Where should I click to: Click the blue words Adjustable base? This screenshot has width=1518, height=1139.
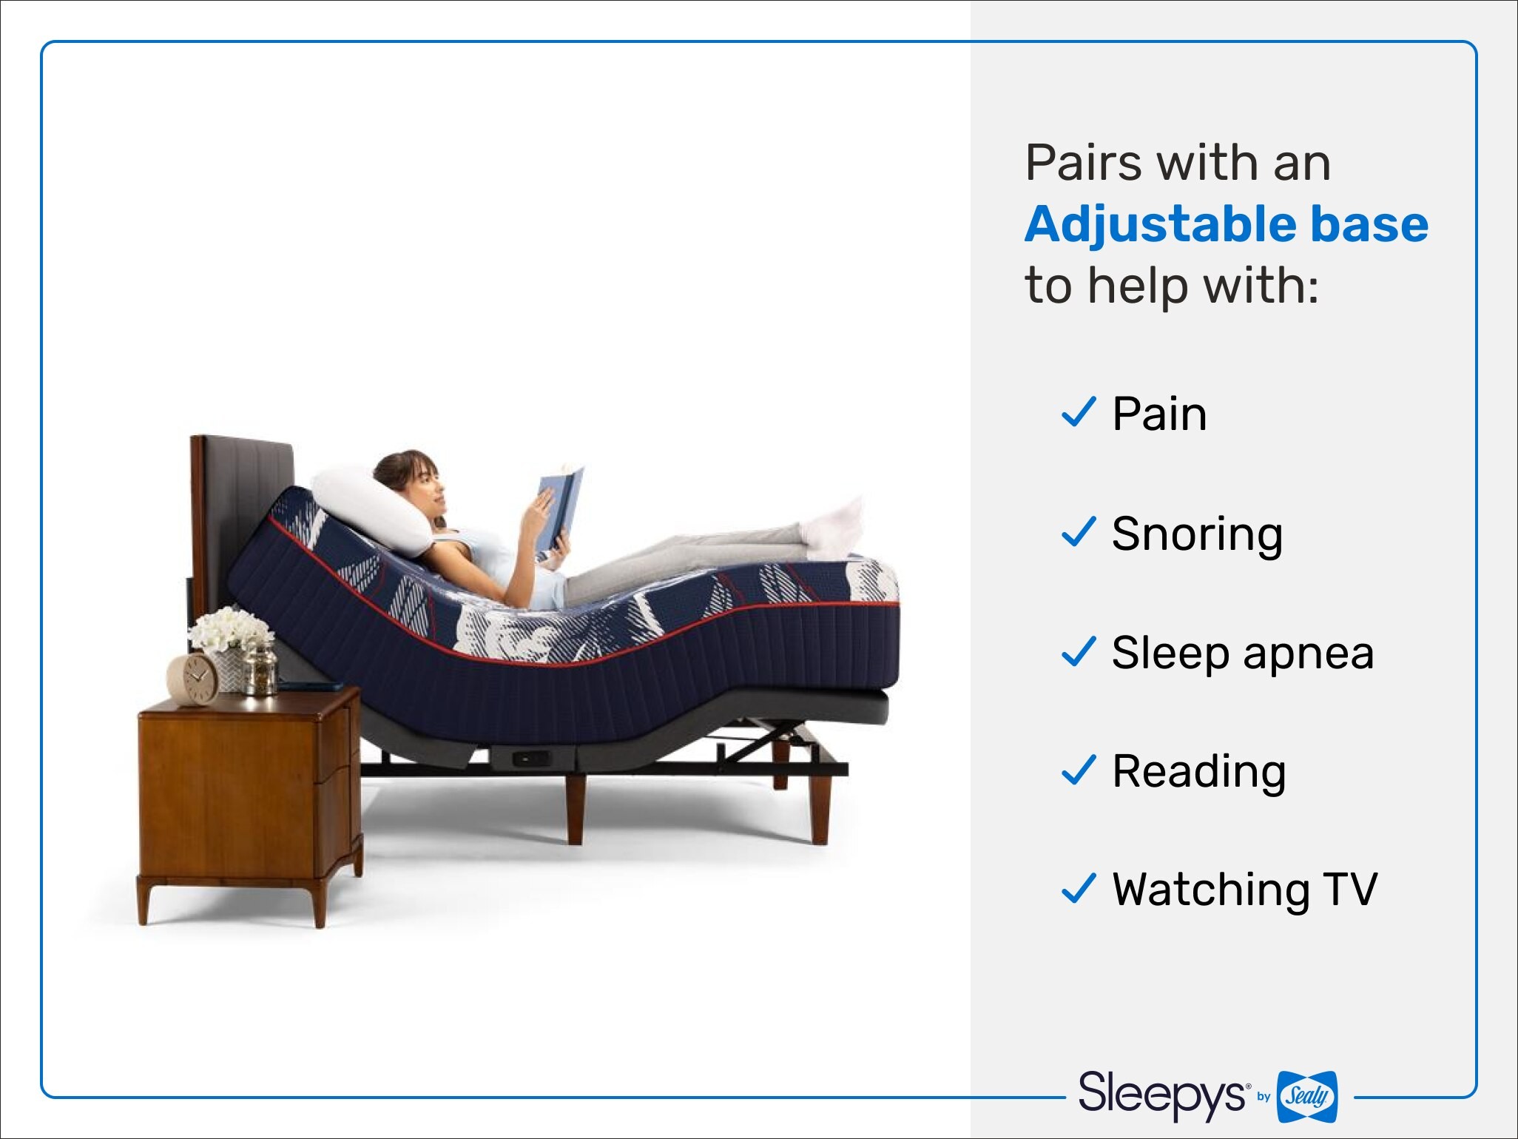coord(1227,224)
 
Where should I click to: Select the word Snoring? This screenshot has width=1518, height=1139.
coord(1197,534)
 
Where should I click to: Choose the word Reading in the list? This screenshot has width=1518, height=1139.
coord(1199,772)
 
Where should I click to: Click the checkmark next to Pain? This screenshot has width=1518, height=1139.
coord(1079,412)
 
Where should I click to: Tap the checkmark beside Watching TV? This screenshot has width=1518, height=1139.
coord(1079,889)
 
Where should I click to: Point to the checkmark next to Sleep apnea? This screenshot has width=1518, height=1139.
coord(1079,651)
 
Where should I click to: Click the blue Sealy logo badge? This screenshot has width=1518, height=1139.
coord(1307,1096)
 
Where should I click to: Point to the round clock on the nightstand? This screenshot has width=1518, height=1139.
coord(194,678)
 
